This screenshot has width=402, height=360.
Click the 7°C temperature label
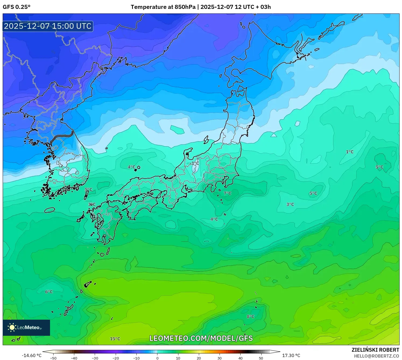[227, 193]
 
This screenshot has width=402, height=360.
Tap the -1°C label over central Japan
[194, 163]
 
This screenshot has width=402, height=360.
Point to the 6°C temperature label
[49, 292]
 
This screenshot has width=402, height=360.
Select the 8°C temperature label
[251, 316]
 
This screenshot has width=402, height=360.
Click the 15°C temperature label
[115, 339]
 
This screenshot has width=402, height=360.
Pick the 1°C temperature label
[350, 152]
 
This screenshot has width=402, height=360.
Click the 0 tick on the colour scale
[157, 358]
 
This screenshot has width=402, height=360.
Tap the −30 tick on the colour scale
[95, 358]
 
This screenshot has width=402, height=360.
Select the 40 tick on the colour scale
[240, 358]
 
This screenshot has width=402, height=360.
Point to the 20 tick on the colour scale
[199, 358]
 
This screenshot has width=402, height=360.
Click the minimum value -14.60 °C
[31, 355]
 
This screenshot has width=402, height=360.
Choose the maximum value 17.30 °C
[291, 355]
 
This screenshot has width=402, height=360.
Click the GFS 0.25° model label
[17, 7]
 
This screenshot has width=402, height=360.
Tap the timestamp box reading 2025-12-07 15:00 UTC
[48, 26]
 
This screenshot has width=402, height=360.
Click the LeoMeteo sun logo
[12, 327]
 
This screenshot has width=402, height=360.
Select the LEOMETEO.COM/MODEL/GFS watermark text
[201, 338]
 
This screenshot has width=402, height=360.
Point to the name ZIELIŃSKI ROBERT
[375, 350]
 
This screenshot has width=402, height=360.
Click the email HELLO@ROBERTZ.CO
[376, 356]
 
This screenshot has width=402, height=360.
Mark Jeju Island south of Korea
[50, 210]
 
